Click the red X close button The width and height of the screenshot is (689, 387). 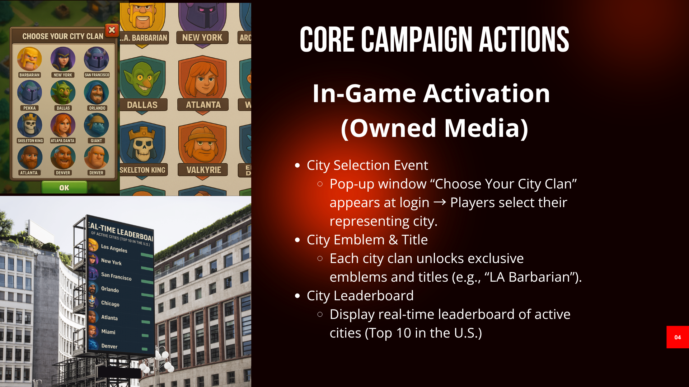[x=112, y=30]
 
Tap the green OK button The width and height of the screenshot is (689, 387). [x=64, y=187]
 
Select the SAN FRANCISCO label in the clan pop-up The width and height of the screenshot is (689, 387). [x=97, y=75]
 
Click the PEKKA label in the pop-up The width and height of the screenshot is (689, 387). [x=29, y=108]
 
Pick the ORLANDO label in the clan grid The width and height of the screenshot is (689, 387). [x=97, y=108]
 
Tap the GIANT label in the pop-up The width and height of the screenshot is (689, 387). [x=96, y=140]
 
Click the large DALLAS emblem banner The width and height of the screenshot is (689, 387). [x=142, y=105]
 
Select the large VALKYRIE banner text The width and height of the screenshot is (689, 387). [x=203, y=170]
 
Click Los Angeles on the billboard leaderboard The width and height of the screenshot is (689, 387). [x=114, y=248]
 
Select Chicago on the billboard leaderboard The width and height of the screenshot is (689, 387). [x=110, y=304]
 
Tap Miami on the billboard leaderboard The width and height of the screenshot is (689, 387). [x=108, y=332]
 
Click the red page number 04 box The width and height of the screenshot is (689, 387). [x=678, y=337]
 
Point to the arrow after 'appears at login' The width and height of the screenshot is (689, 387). [x=440, y=202]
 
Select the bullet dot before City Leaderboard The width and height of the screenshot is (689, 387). [x=297, y=296]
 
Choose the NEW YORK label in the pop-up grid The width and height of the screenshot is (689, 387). [x=63, y=75]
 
